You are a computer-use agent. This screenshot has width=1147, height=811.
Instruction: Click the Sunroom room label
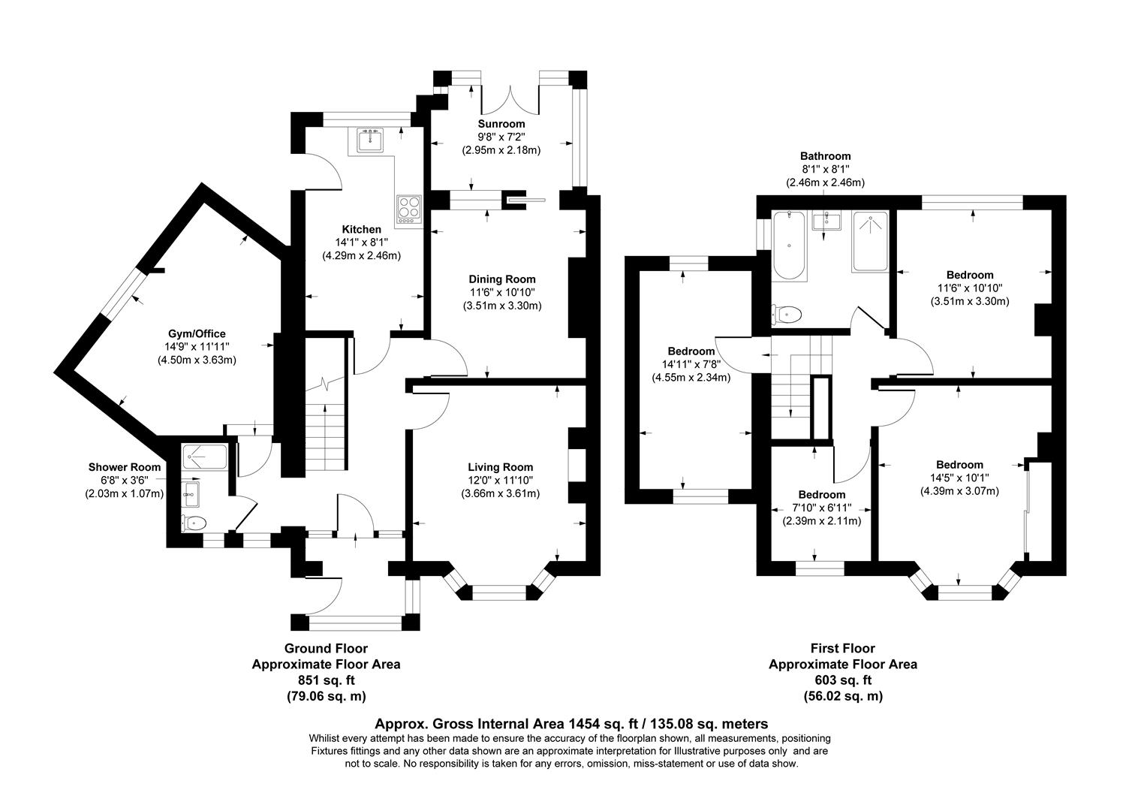coord(501,124)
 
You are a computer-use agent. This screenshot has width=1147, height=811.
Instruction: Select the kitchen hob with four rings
coord(409,208)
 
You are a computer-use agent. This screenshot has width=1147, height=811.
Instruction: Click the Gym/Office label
coord(196,333)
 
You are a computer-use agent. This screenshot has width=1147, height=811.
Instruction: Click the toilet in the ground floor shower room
coord(193,523)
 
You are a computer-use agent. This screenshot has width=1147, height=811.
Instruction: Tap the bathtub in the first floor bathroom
coord(789,245)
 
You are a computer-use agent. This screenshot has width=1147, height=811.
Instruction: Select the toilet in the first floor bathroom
coord(786,313)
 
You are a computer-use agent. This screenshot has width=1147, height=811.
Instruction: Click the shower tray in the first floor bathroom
coord(870,241)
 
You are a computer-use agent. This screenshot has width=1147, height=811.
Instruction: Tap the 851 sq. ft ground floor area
coord(326,680)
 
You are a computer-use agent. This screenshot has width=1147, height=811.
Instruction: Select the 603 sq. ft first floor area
coord(842,680)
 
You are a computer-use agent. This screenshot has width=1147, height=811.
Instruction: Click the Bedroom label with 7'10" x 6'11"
coord(821,495)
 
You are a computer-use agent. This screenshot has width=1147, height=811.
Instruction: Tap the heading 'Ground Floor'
coord(326,648)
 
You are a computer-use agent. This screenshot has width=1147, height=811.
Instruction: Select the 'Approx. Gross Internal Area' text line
coord(571,724)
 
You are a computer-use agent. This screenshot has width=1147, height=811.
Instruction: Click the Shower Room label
coord(124,467)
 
